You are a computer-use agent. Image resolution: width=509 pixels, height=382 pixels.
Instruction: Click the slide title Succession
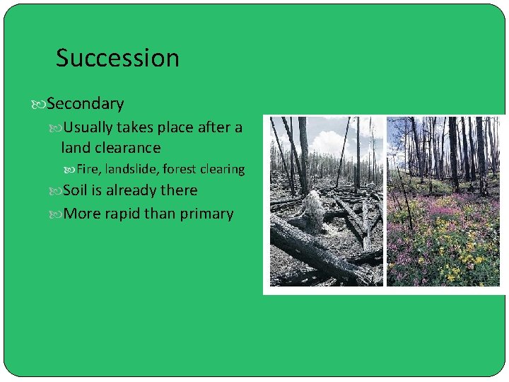tap(117, 58)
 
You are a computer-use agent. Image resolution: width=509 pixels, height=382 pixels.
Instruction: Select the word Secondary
tap(86, 104)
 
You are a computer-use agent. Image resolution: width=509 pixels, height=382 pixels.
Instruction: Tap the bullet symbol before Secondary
tap(40, 105)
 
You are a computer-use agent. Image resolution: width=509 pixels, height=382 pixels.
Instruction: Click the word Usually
tap(90, 127)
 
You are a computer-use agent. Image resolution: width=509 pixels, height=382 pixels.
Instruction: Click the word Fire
tap(88, 169)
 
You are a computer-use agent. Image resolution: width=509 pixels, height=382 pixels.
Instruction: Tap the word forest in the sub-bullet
tap(181, 169)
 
